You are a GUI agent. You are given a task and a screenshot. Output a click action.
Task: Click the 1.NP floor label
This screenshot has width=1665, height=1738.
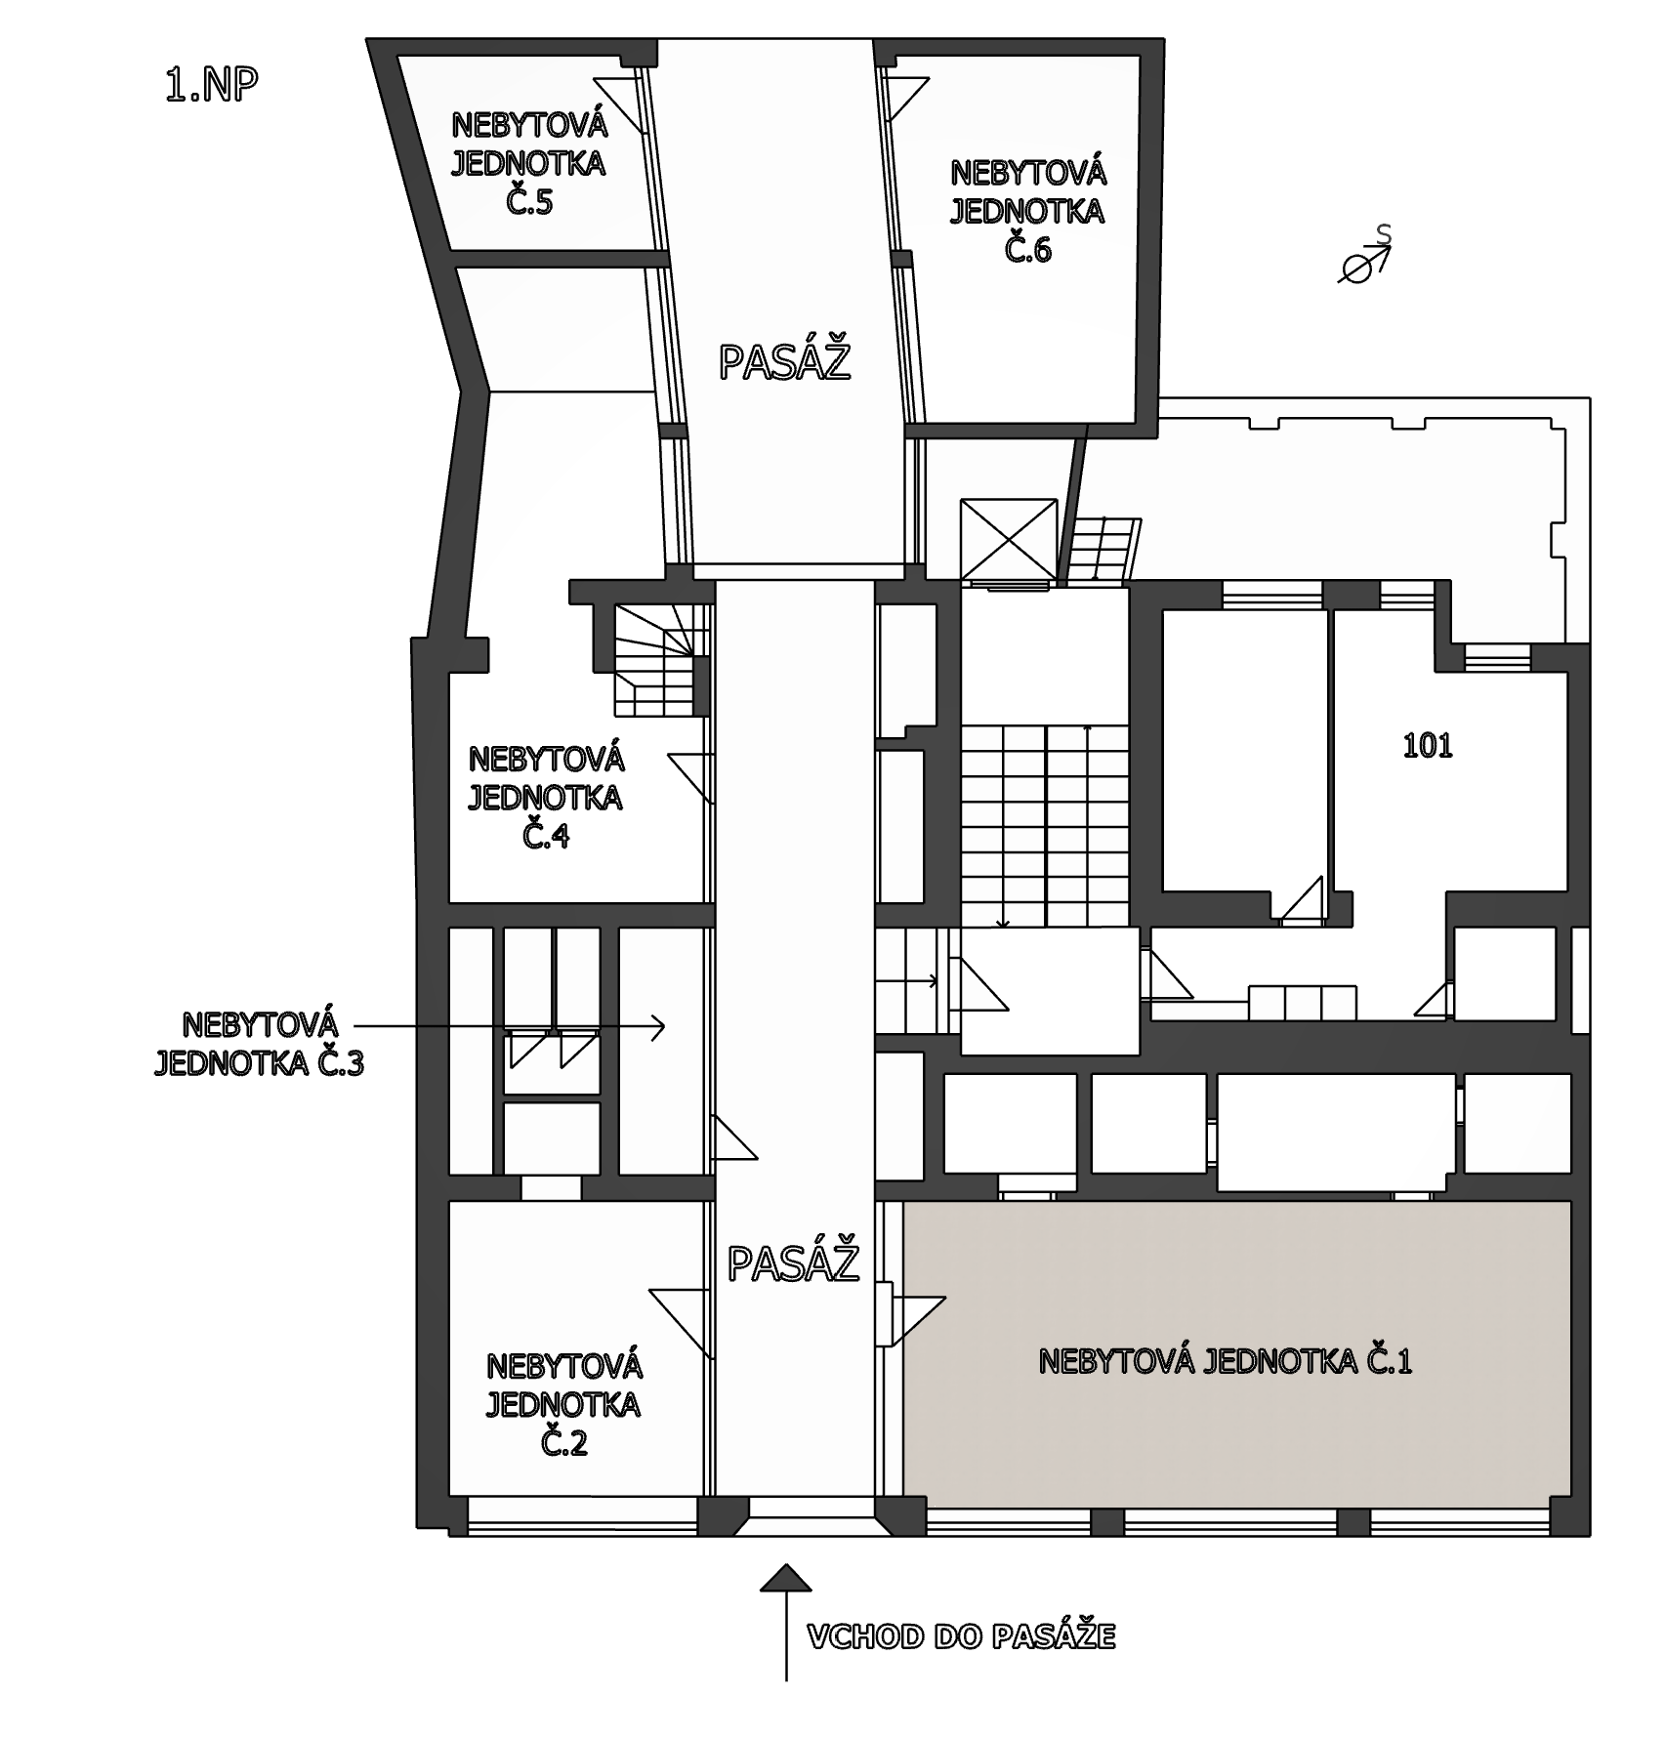click(212, 86)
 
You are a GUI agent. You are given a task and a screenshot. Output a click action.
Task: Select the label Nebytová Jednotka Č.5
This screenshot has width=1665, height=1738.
click(529, 163)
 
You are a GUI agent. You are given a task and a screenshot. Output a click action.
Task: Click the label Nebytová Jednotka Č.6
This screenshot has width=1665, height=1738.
click(1028, 211)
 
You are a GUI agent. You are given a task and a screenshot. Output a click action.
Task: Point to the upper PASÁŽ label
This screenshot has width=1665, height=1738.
click(785, 361)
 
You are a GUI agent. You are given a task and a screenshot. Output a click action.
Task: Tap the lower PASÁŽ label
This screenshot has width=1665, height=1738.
click(794, 1262)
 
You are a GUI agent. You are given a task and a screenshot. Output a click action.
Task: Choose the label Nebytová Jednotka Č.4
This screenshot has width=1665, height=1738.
click(546, 798)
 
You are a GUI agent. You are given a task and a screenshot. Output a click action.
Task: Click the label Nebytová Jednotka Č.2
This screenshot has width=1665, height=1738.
click(563, 1404)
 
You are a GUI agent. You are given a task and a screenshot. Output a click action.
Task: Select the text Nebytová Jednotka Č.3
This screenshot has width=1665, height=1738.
click(260, 1044)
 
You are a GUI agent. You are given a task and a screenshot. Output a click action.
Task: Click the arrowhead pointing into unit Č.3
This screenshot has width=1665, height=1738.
click(658, 1026)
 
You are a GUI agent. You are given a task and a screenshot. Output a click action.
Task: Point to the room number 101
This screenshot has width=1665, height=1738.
click(1428, 747)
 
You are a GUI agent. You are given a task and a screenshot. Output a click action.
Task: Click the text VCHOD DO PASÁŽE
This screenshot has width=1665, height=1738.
click(962, 1637)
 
